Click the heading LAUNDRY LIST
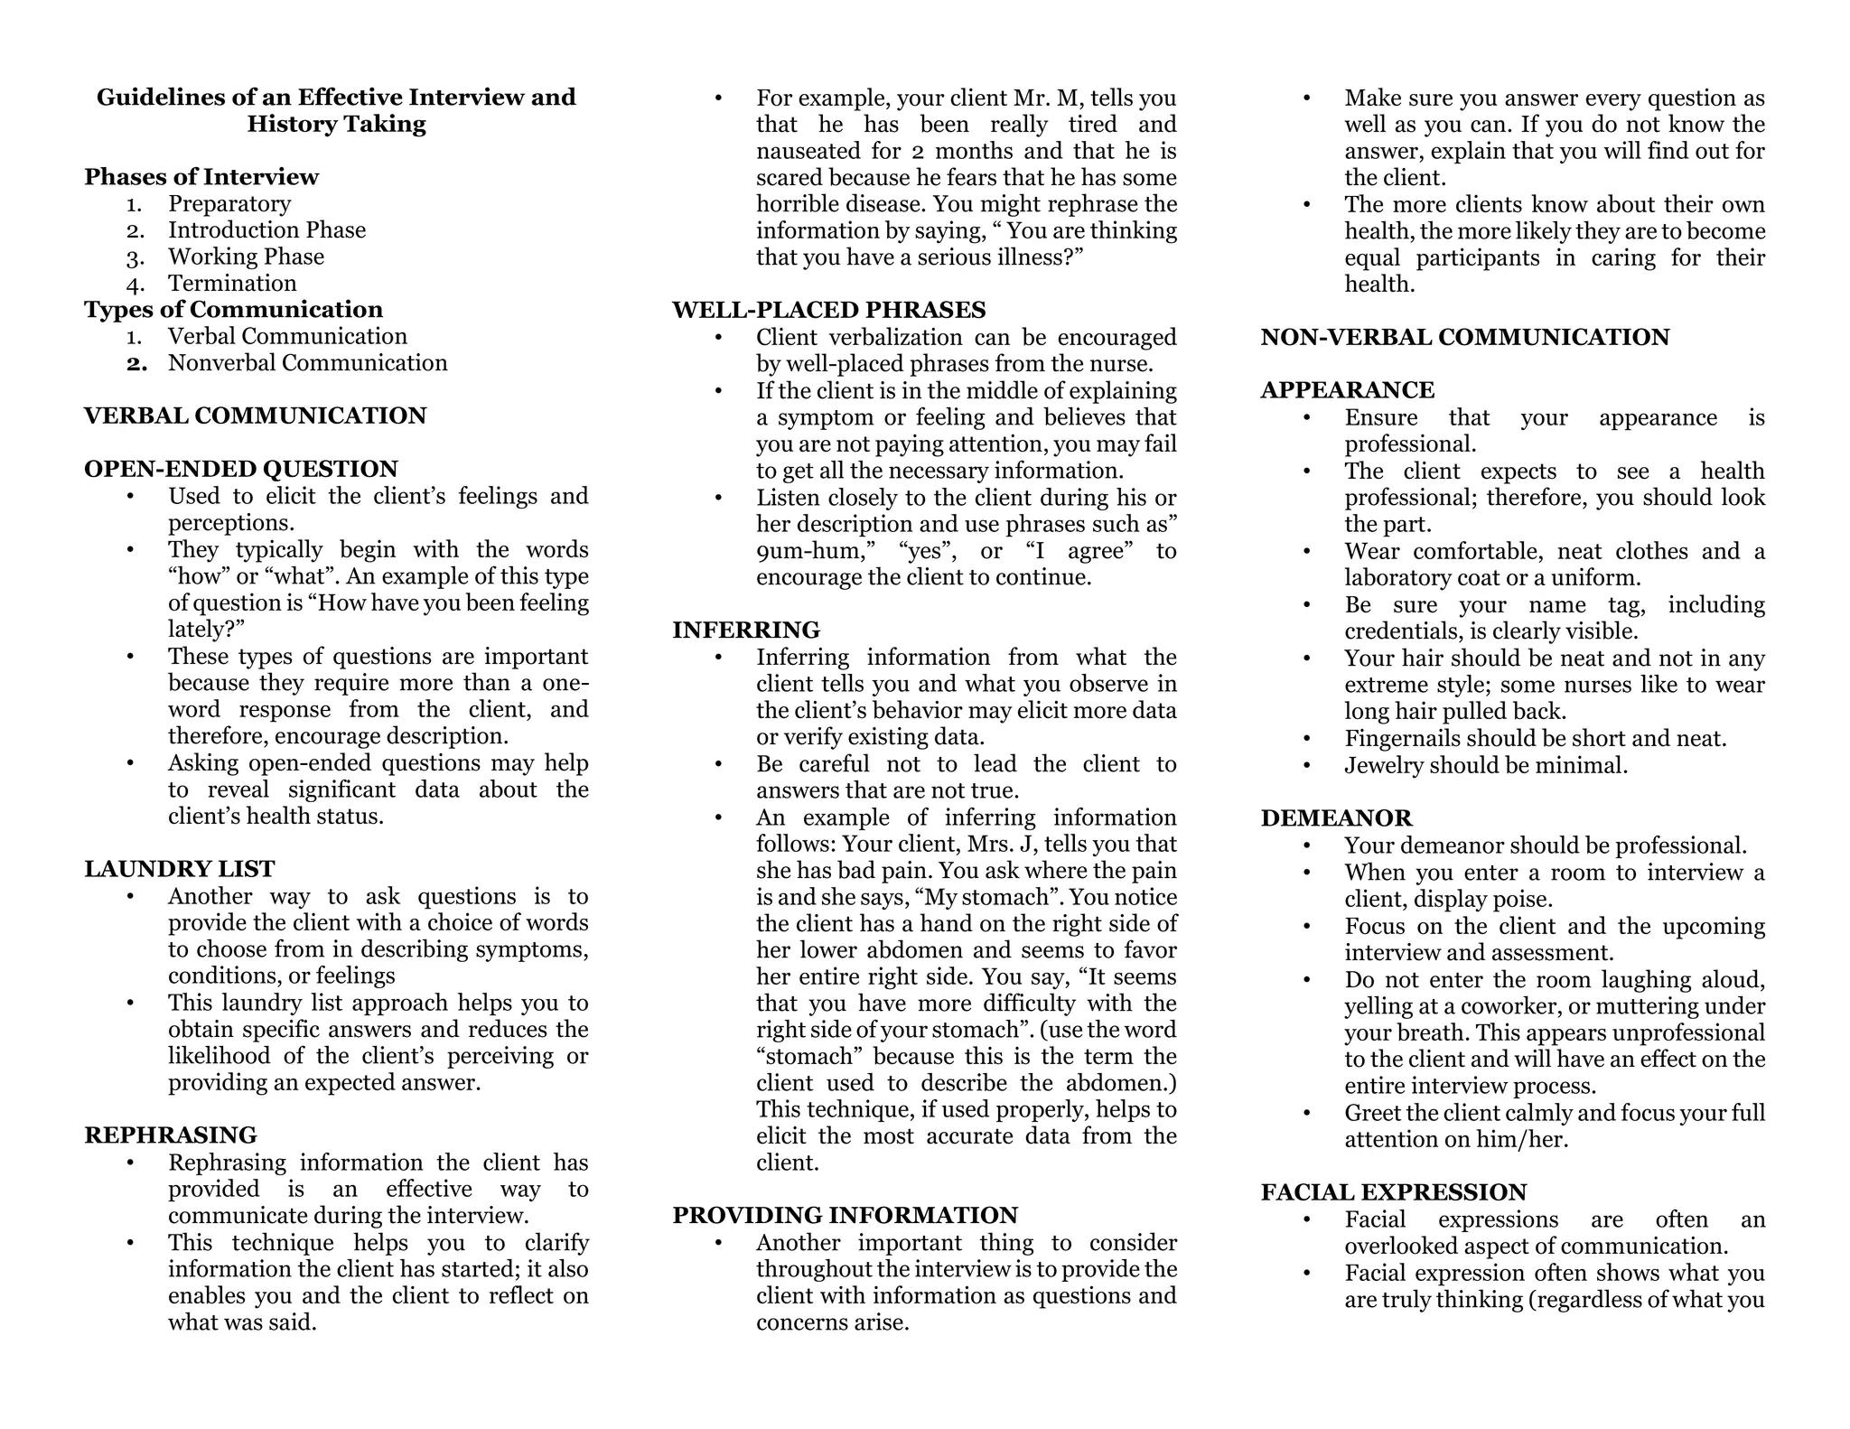point(179,869)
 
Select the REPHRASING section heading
point(171,1135)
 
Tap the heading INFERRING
point(746,630)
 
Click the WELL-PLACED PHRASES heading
point(828,311)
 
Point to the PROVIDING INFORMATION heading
point(845,1216)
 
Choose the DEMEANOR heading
point(1336,818)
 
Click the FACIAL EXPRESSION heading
point(1393,1192)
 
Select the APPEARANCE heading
point(1347,390)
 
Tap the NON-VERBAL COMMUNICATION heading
point(1464,338)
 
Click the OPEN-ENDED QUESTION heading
point(240,470)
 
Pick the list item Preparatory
point(229,204)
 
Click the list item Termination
point(232,284)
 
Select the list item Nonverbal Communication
point(307,363)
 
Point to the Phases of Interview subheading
point(201,177)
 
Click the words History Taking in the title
point(336,125)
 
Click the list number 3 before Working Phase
point(135,258)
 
